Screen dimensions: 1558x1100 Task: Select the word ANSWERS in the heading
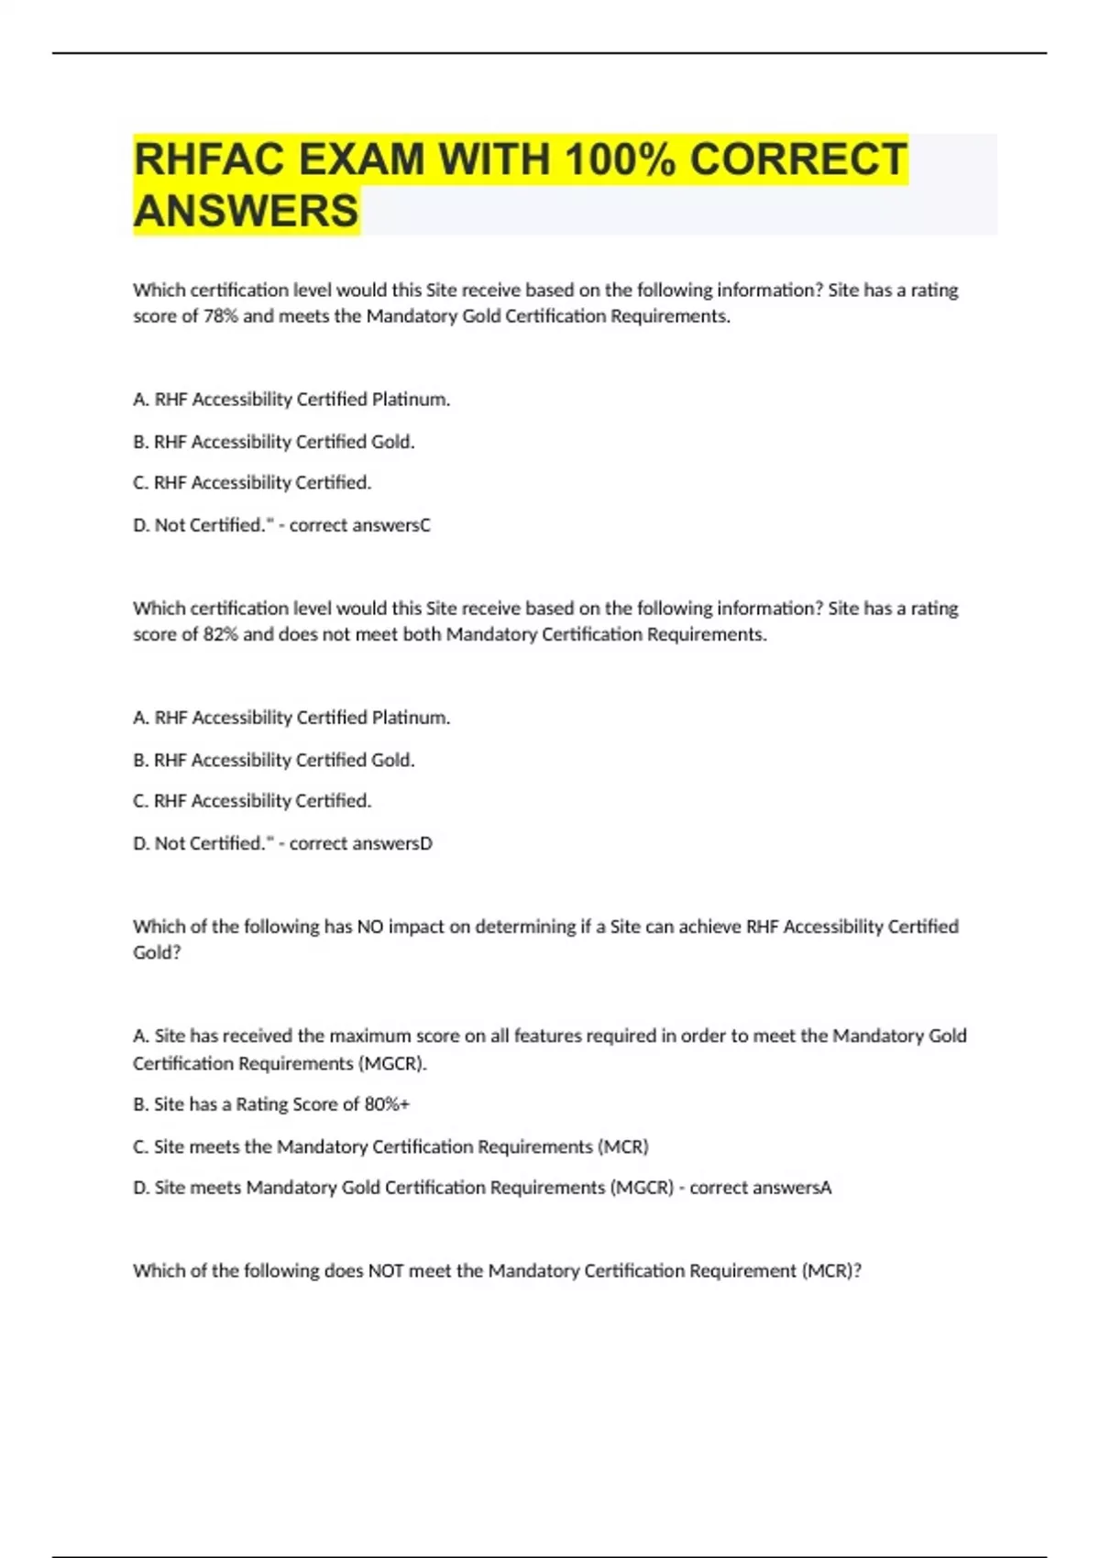(x=246, y=211)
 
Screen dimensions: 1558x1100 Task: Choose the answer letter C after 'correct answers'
(x=424, y=525)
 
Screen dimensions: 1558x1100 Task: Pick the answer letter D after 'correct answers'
(x=425, y=843)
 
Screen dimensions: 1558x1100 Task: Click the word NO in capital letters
(x=369, y=927)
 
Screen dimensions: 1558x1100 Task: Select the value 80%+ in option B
(x=387, y=1104)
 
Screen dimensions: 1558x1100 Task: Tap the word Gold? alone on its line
(x=157, y=953)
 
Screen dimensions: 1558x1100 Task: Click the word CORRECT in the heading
(x=797, y=159)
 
